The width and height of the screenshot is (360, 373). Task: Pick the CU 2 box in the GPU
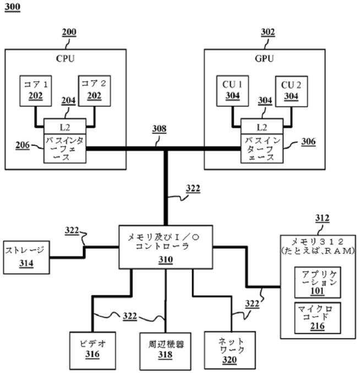click(291, 90)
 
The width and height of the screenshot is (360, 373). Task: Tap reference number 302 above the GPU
click(268, 33)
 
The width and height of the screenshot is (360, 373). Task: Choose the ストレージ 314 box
click(26, 257)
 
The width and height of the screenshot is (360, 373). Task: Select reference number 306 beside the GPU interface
click(309, 142)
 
